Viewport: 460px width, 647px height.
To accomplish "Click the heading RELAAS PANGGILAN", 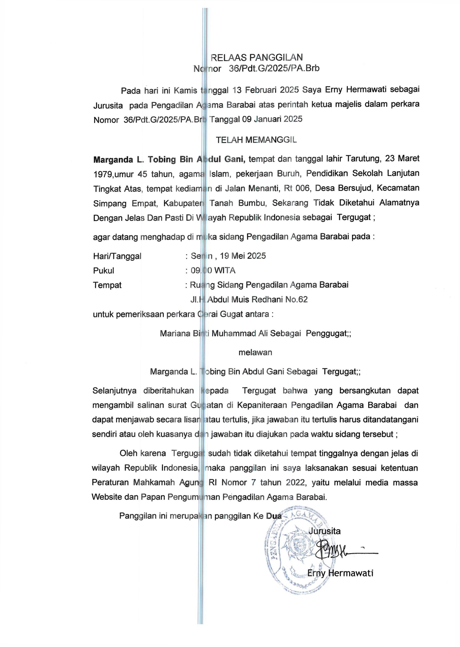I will point(257,57).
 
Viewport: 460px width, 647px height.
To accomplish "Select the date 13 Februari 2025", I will point(266,90).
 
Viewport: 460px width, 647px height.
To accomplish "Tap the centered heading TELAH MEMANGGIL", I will point(256,140).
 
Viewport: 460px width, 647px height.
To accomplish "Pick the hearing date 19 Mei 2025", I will point(243,256).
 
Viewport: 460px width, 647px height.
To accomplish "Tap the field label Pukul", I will point(103,271).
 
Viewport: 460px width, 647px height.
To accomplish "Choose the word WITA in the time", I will point(225,271).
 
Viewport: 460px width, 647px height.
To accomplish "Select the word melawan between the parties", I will point(255,352).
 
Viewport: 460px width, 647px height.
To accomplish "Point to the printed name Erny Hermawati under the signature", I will point(340,573).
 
